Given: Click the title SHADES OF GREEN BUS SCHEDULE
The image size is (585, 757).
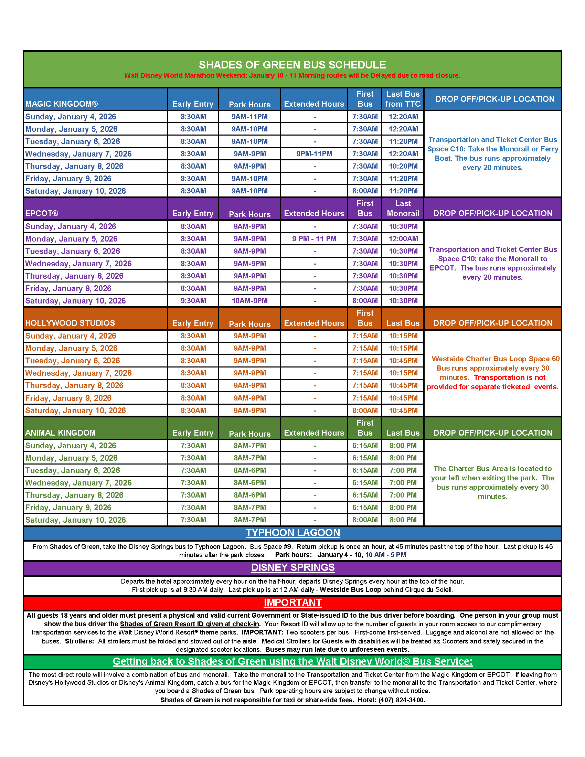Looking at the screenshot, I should click(292, 65).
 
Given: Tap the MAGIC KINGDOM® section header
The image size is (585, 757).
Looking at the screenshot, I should click(62, 104).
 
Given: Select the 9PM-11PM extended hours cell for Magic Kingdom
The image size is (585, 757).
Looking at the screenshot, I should click(314, 154).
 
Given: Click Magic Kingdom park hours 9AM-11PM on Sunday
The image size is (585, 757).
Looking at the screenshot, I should click(249, 117).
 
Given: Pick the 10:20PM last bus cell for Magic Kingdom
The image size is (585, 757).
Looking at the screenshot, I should click(403, 167).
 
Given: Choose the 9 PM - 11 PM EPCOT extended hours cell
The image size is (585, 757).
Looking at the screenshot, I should click(314, 239).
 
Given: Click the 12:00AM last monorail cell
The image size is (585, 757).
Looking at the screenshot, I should click(403, 239).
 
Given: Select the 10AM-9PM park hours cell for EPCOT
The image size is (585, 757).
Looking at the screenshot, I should click(249, 301).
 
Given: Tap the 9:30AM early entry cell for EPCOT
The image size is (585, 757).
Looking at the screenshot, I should click(193, 301).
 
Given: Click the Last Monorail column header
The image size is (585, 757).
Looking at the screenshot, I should click(403, 209).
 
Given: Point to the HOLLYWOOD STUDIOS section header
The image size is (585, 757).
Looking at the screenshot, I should click(70, 323).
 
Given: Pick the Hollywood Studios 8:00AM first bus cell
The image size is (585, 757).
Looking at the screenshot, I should click(365, 411).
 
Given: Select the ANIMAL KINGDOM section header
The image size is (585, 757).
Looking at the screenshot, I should click(61, 433).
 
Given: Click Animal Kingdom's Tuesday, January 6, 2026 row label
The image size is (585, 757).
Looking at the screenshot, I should click(73, 470).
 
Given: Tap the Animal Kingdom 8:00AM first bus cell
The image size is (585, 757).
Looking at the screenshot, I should click(365, 520).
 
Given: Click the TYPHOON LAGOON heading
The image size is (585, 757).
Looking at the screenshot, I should click(292, 533).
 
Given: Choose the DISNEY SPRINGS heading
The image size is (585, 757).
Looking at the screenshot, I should click(292, 567).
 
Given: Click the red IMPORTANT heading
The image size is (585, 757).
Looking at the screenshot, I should click(292, 603).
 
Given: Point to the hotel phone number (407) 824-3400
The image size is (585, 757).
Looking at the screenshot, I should click(401, 700).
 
